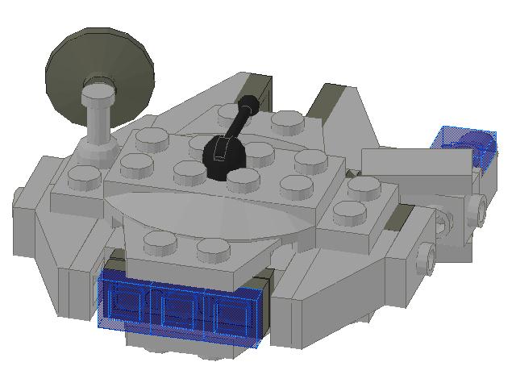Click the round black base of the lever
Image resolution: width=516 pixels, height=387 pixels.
pyautogui.click(x=223, y=154)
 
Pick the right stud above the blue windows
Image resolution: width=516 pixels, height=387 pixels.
pyautogui.click(x=211, y=249)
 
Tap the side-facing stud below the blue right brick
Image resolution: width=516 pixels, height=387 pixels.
pyautogui.click(x=481, y=210)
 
